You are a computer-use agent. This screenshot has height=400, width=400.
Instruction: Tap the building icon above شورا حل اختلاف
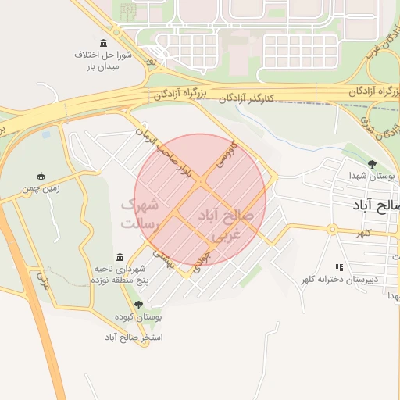(x=104, y=42)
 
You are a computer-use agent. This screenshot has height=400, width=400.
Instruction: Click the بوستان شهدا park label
(x=370, y=177)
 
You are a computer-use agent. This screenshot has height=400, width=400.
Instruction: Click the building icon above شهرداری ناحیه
(x=120, y=257)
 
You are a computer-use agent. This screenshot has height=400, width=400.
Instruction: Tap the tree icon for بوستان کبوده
(x=138, y=305)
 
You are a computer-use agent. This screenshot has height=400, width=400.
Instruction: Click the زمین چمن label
(x=41, y=188)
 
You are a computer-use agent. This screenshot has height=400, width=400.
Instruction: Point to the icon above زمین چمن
(x=41, y=176)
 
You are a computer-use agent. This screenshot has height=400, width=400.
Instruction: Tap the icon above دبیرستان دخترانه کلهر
(x=339, y=266)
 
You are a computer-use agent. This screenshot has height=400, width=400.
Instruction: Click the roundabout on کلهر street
(x=332, y=229)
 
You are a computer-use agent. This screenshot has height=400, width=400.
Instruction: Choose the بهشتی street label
(x=162, y=259)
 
